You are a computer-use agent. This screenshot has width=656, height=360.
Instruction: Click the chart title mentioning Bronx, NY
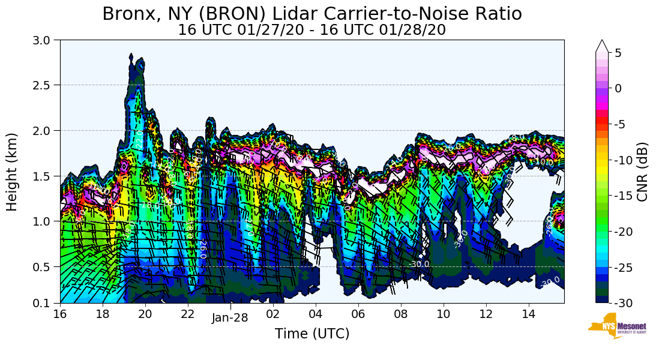click(x=311, y=13)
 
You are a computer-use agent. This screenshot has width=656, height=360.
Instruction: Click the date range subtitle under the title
click(x=311, y=30)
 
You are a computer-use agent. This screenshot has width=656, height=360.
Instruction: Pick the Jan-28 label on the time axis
click(x=229, y=318)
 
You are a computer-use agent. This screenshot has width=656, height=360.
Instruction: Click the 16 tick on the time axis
click(x=60, y=314)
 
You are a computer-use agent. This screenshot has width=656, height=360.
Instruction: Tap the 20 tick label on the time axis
click(x=145, y=314)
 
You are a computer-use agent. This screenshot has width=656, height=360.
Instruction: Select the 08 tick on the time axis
click(x=401, y=314)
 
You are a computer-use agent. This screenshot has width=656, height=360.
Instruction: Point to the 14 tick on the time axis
click(x=529, y=314)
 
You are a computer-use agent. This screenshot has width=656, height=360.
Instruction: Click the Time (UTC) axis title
click(x=311, y=334)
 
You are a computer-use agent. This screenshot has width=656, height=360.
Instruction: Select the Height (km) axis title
click(x=12, y=172)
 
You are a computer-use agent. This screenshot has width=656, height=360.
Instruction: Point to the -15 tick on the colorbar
click(x=627, y=196)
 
